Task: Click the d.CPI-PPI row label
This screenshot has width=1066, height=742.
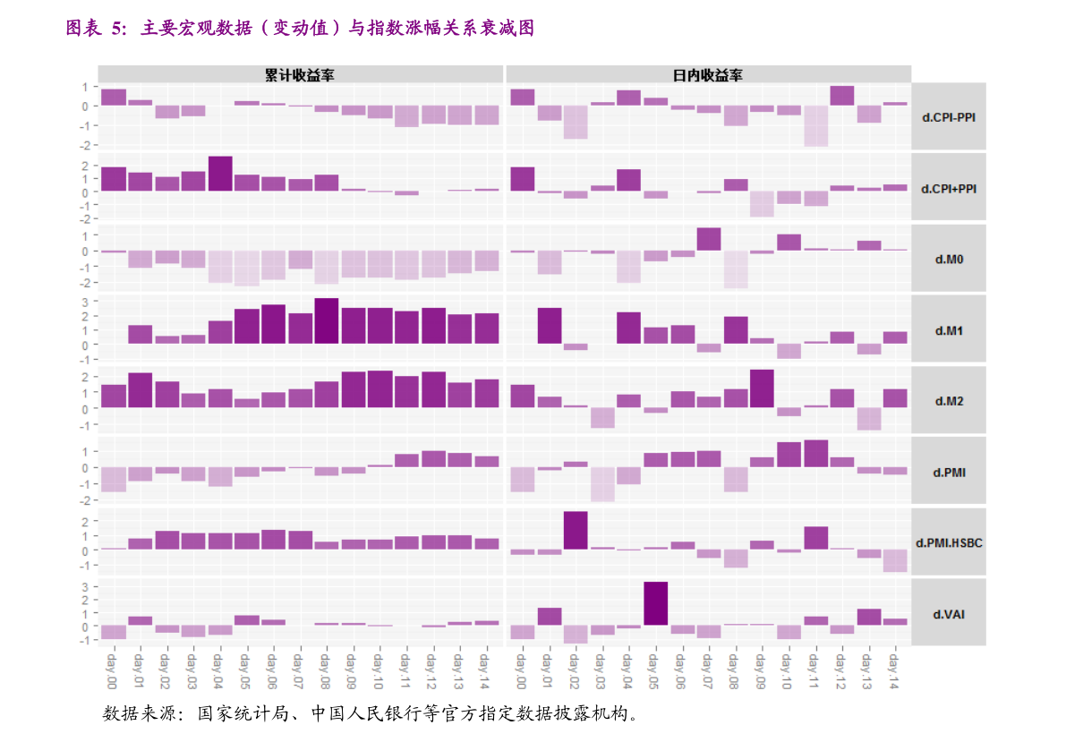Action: coord(948,116)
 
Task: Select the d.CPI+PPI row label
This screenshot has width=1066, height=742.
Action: coord(948,189)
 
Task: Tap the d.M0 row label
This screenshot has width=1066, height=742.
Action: coord(948,260)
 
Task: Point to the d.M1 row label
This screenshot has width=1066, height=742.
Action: coord(948,330)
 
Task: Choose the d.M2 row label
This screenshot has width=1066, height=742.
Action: coord(948,401)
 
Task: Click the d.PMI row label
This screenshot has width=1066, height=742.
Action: coord(948,472)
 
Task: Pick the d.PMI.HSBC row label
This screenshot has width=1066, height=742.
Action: coord(948,542)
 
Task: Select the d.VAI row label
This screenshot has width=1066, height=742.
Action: coord(948,614)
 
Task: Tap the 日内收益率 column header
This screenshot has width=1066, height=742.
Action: coord(708,75)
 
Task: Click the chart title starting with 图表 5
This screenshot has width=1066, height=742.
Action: coord(300,29)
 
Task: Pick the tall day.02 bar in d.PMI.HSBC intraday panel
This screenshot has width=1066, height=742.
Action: coord(576,531)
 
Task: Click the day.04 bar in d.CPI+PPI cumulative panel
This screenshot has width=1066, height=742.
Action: coord(220,174)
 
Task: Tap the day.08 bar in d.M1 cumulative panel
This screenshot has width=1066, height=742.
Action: coord(326,320)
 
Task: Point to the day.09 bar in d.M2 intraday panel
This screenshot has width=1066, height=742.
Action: coord(762,388)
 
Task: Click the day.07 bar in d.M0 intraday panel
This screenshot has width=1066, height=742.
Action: coord(709,239)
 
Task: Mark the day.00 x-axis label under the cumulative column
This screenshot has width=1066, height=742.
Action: coord(112,671)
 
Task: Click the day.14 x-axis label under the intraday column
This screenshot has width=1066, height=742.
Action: coord(893,671)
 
